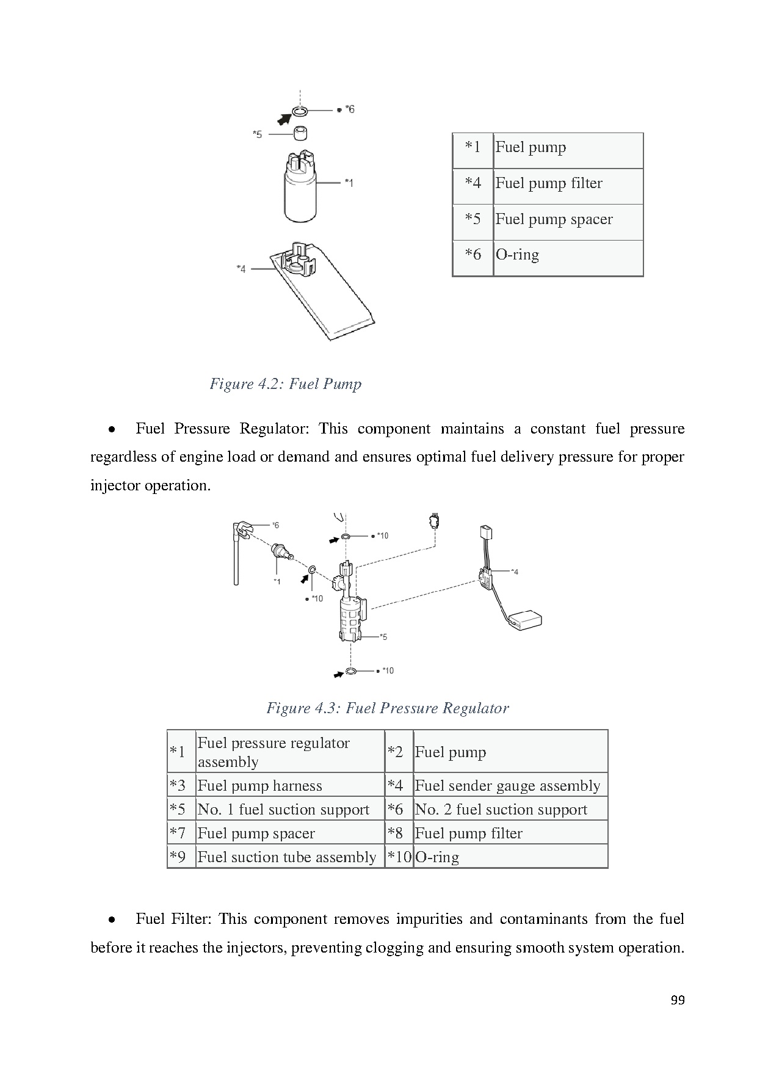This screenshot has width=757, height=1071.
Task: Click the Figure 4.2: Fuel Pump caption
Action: [285, 384]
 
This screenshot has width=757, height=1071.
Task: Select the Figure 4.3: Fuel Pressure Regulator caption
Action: [387, 708]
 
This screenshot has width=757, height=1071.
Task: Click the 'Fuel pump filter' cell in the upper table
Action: [548, 183]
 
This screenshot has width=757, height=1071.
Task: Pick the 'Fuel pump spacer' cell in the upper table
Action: [554, 219]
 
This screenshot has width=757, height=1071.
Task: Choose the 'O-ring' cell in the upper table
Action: [517, 255]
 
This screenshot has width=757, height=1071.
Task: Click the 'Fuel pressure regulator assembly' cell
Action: [273, 752]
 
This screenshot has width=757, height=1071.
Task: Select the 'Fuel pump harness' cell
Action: [259, 786]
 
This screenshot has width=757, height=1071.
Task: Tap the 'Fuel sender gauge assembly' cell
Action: [507, 786]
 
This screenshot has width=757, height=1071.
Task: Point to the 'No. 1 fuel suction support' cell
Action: [283, 810]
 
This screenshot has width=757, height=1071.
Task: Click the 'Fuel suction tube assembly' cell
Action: [287, 857]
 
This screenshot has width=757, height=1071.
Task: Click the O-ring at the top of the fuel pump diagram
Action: [299, 111]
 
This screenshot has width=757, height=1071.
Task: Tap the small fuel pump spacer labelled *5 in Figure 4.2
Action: [300, 133]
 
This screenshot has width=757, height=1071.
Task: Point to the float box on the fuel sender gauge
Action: [526, 620]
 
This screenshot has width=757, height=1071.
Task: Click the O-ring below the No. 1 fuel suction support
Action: [351, 672]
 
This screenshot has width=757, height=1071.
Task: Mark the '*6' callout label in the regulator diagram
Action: [275, 525]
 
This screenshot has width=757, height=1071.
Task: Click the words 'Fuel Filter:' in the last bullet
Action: [173, 919]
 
